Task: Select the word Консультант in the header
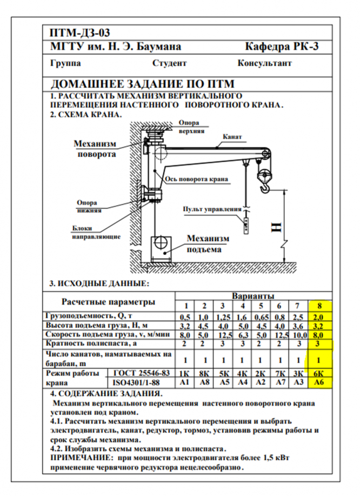pyautogui.click(x=264, y=63)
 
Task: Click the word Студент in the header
pyautogui.click(x=169, y=63)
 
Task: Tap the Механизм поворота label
pyautogui.click(x=95, y=149)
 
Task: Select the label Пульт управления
pyautogui.click(x=211, y=209)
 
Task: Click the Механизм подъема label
pyautogui.click(x=208, y=243)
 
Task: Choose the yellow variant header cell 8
pyautogui.click(x=319, y=306)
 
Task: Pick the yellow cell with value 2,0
pyautogui.click(x=319, y=316)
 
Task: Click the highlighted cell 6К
pyautogui.click(x=319, y=373)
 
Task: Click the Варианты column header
pyautogui.click(x=252, y=296)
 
